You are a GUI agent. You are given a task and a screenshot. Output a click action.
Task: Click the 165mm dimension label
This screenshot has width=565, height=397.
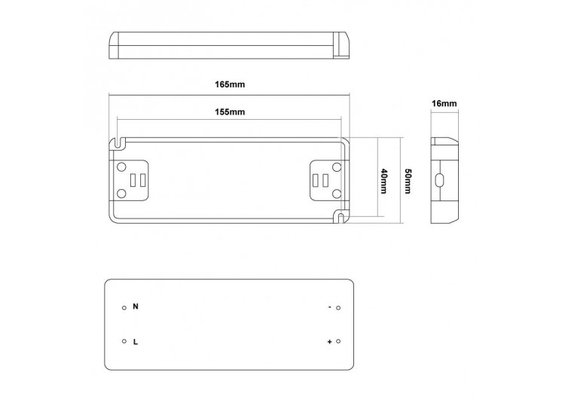[x=229, y=85]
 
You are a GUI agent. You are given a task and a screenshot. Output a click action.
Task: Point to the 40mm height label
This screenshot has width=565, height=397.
[x=384, y=181]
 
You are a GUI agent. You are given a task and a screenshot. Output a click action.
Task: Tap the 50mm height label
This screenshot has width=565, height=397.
[x=408, y=181]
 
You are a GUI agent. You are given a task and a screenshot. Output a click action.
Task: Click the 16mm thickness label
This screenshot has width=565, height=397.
[x=444, y=102]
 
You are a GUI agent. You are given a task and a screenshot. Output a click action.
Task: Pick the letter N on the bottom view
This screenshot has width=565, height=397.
[x=135, y=307]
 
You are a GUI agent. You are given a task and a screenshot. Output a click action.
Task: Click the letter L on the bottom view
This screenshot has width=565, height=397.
[x=135, y=341]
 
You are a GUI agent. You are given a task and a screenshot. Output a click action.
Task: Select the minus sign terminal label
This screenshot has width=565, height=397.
[x=329, y=307]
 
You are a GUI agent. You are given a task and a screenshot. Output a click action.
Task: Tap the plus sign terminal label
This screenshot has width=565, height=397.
[x=329, y=342]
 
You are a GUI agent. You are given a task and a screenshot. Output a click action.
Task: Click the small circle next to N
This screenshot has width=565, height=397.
[x=124, y=308]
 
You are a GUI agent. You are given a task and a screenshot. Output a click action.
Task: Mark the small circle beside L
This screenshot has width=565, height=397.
[x=124, y=342]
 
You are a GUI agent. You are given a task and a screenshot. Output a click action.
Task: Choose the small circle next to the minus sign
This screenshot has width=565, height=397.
[x=338, y=308]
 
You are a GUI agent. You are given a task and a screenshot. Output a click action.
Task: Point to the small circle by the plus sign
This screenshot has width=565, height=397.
[x=338, y=342]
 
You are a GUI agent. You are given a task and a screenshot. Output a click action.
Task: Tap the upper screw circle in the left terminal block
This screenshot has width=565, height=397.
[x=122, y=166]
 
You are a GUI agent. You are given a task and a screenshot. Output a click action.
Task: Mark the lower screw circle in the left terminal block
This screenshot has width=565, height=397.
[x=122, y=195]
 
